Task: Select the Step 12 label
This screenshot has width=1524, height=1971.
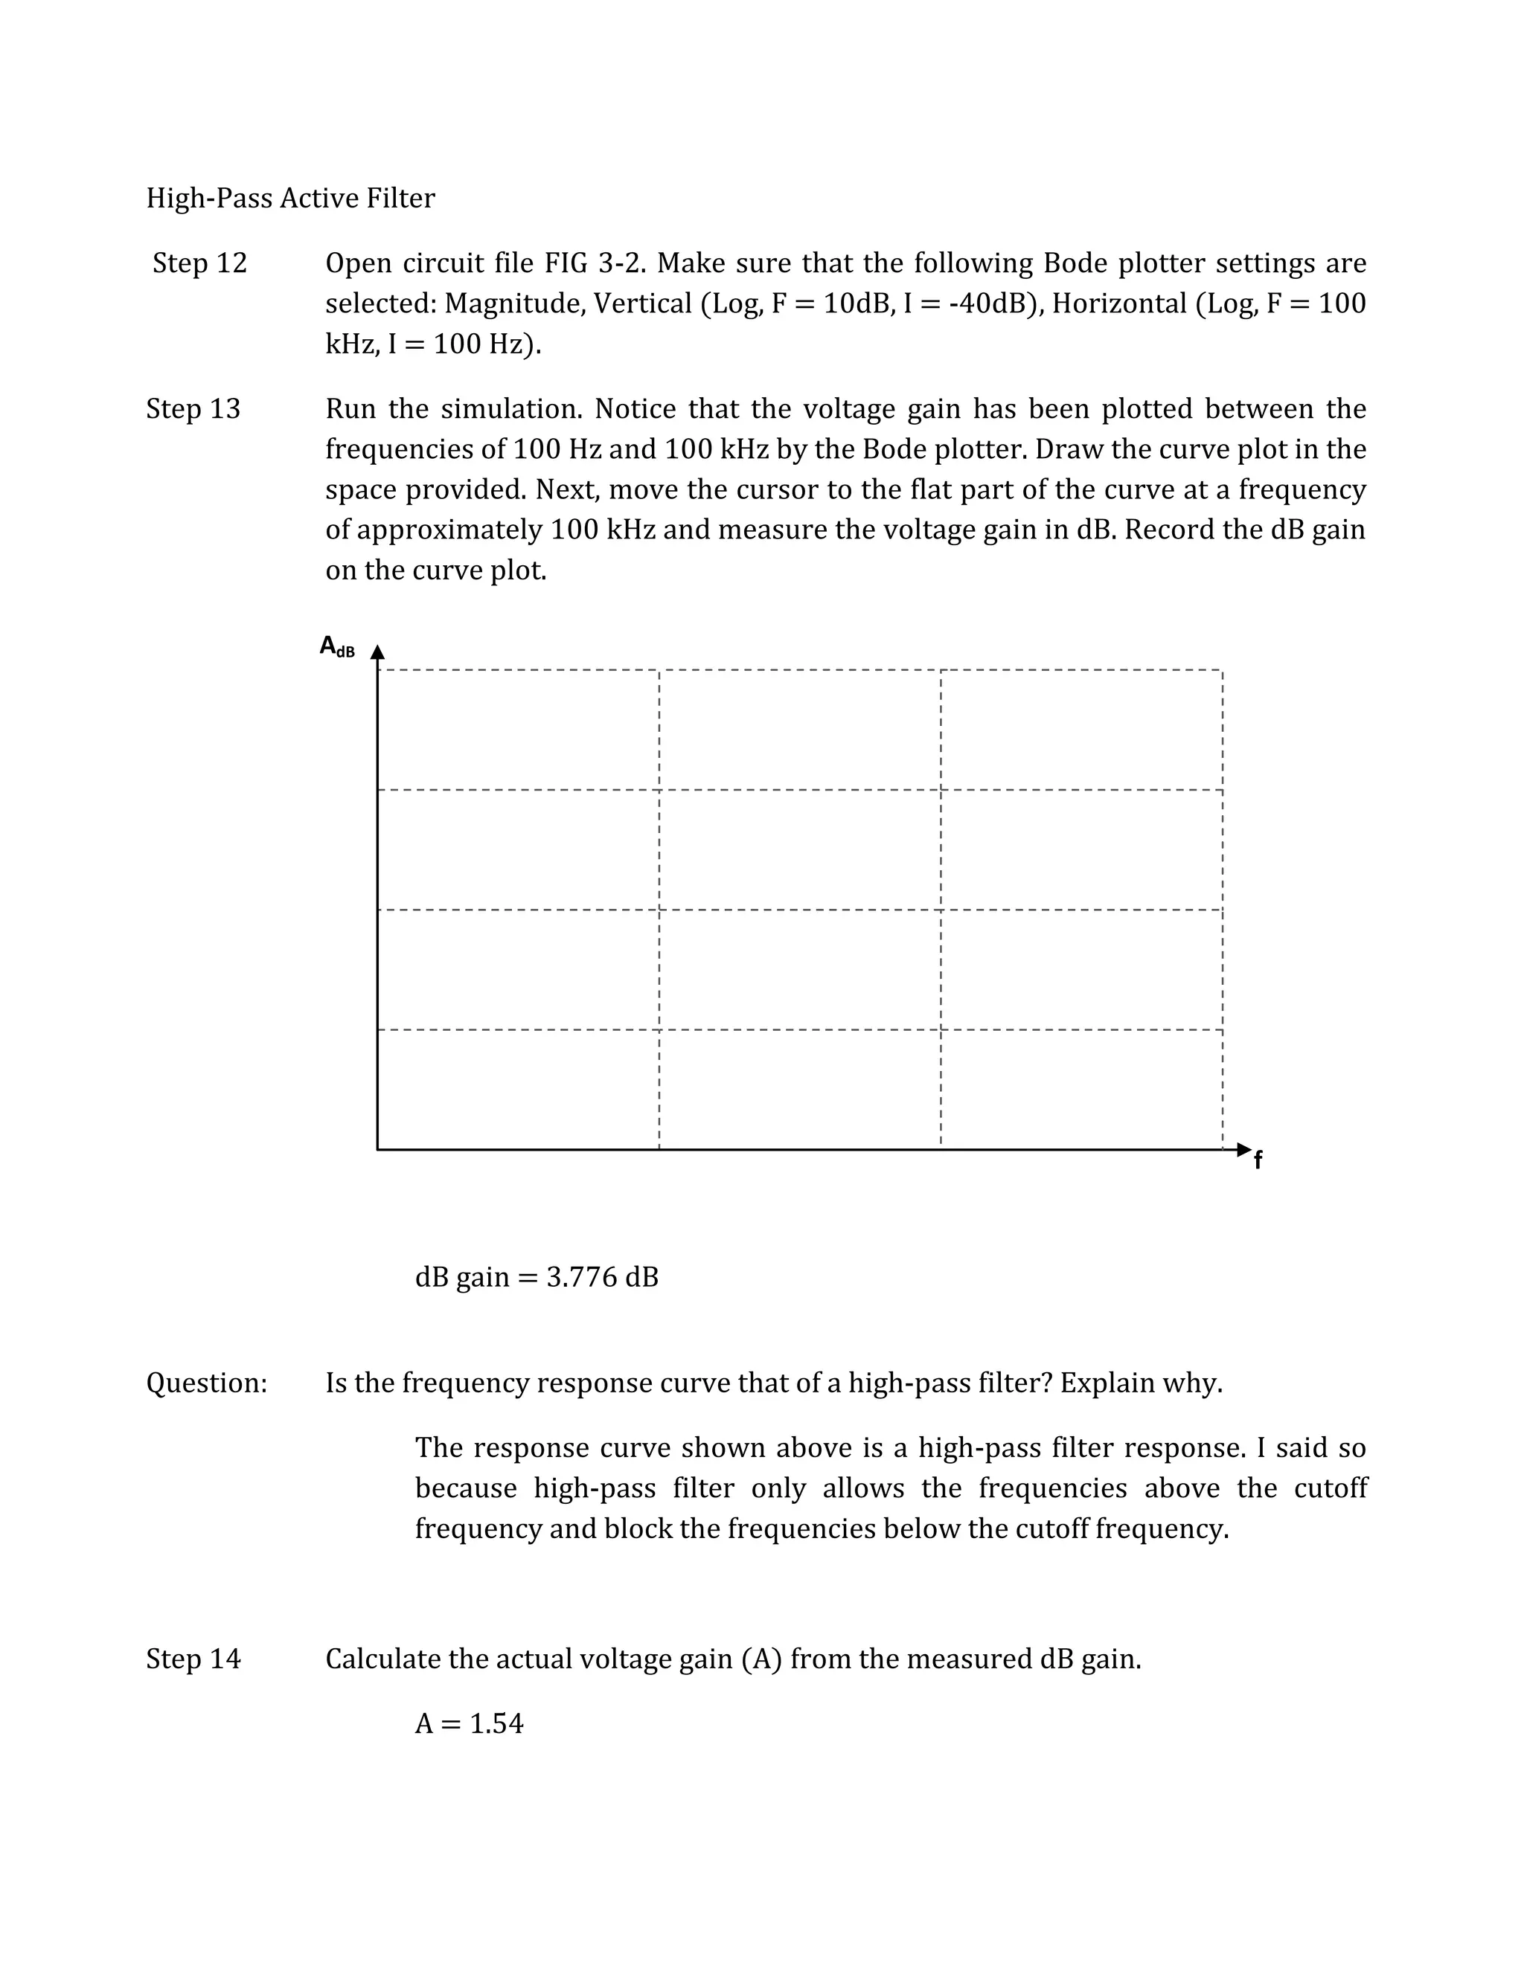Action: click(x=199, y=263)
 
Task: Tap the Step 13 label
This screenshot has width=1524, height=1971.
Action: click(x=193, y=409)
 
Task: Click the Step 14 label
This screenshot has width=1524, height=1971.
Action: click(x=193, y=1659)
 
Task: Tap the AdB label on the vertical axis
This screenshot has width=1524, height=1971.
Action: click(x=337, y=647)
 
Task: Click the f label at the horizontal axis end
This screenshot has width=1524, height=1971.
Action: click(x=1258, y=1162)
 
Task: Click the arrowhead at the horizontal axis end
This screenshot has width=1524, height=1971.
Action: click(x=1244, y=1150)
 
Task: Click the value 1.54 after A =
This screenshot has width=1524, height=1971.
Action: click(x=496, y=1724)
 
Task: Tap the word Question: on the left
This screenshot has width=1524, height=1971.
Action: click(x=207, y=1383)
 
